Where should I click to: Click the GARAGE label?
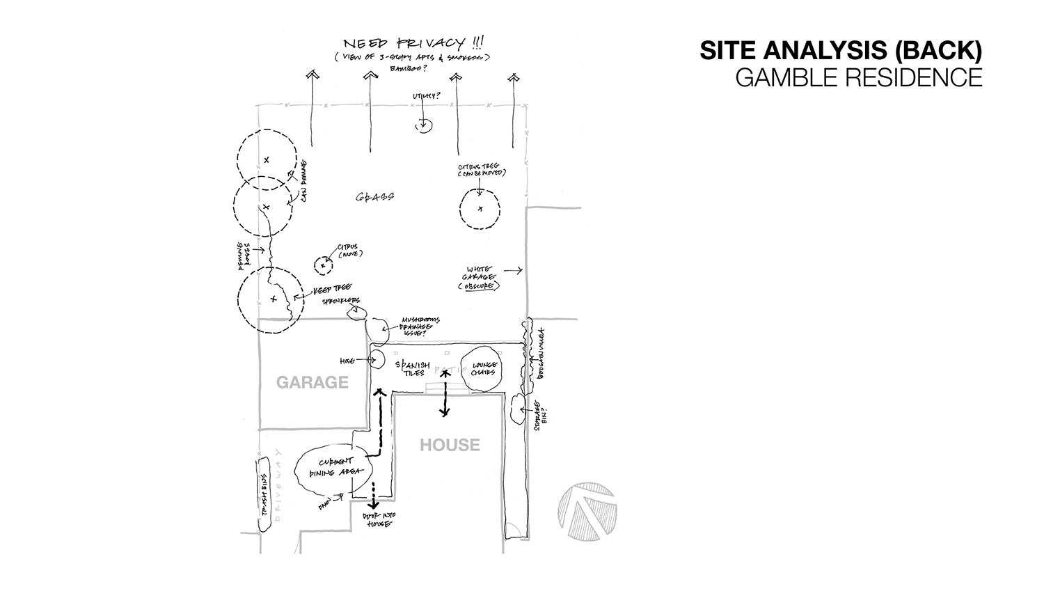coord(312,382)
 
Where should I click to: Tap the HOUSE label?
coord(450,445)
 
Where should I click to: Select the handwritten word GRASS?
coord(375,197)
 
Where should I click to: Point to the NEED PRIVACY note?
coord(411,43)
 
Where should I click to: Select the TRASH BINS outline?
coord(264,495)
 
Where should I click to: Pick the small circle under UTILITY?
coord(423,126)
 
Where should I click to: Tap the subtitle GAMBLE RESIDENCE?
coord(858,77)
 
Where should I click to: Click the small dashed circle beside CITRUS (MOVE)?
coord(323,266)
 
